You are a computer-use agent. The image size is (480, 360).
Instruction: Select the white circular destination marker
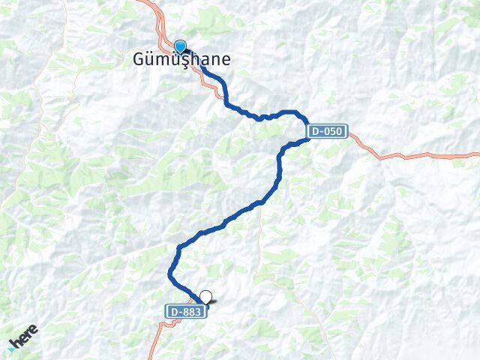[x=205, y=297]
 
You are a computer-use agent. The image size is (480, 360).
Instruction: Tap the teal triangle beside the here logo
[x=12, y=349]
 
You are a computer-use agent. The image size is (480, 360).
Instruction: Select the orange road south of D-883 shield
[x=157, y=341]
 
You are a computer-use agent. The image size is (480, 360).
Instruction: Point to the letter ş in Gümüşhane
[x=180, y=59]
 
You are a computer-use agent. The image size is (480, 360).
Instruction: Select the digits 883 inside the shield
[x=192, y=310]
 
